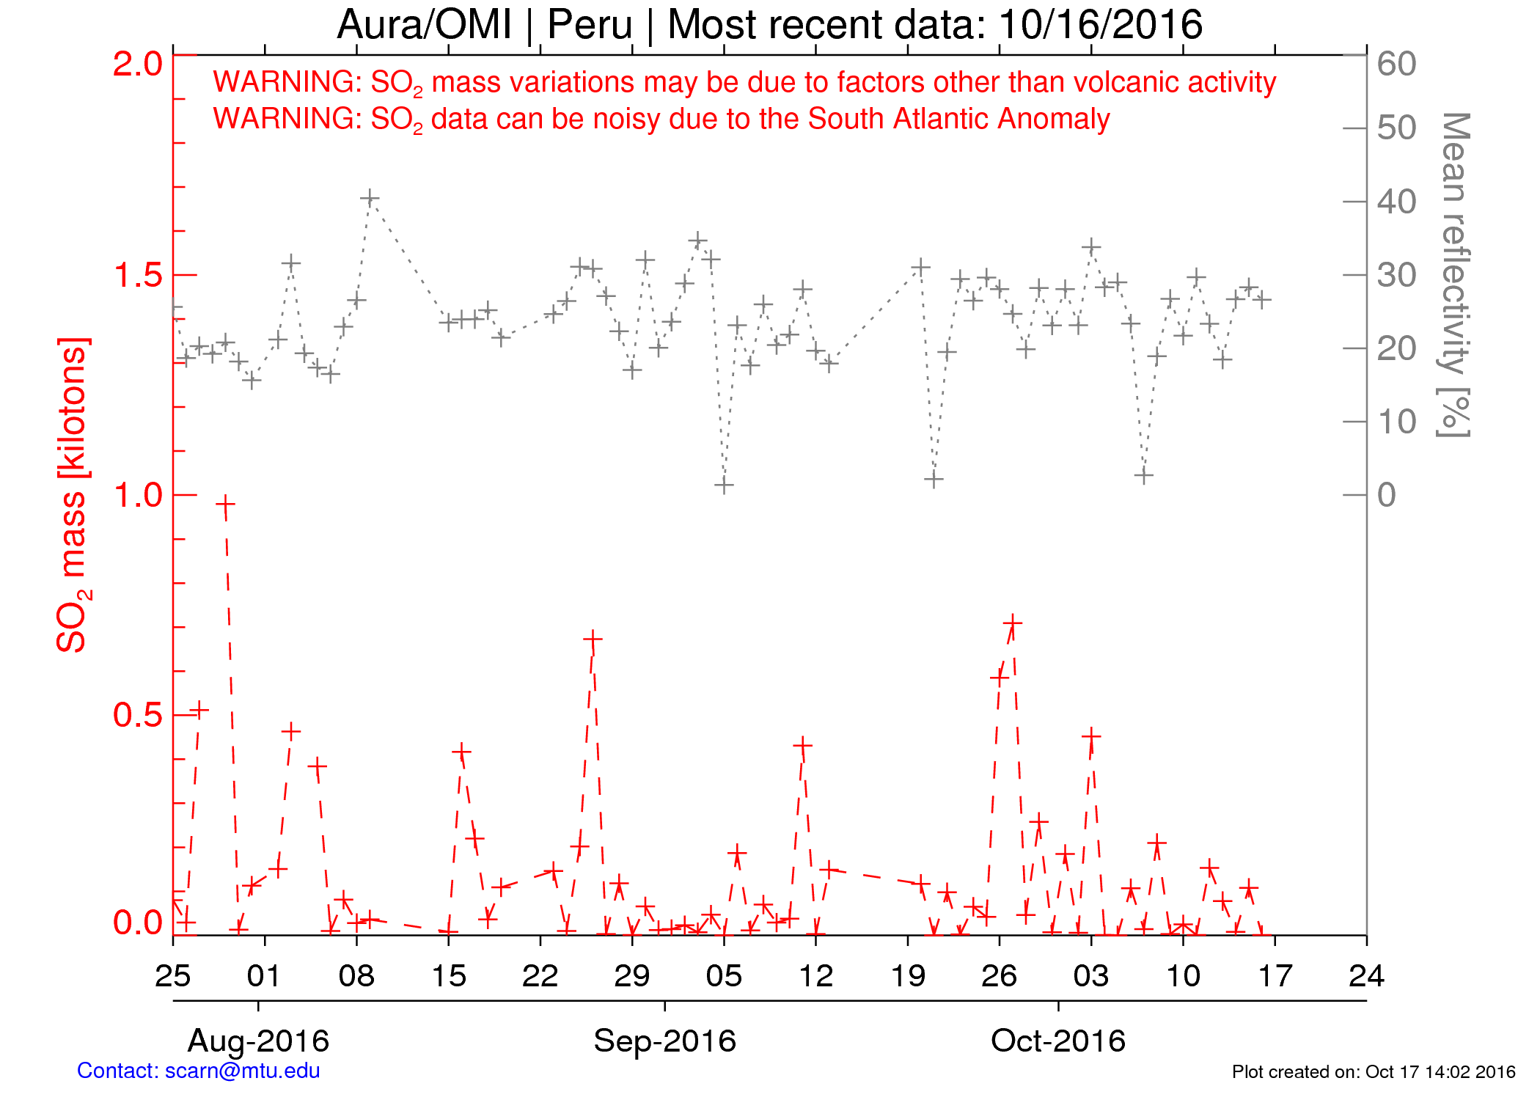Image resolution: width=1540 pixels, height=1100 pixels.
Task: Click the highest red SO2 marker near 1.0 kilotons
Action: (225, 505)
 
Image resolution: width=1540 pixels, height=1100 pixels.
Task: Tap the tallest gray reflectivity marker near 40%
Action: (370, 198)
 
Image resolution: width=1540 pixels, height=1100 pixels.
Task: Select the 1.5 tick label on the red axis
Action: (137, 276)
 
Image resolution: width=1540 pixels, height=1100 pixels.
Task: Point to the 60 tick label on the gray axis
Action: (1396, 65)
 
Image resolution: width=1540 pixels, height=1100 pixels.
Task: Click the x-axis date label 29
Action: (632, 976)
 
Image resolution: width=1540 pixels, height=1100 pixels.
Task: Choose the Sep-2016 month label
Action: (664, 1041)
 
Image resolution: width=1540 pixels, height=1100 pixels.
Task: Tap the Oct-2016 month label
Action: (1057, 1041)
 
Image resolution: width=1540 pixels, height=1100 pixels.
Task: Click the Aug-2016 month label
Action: (258, 1041)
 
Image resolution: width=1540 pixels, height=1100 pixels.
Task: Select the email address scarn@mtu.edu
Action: (243, 1071)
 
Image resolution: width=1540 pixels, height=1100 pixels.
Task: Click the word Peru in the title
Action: (590, 25)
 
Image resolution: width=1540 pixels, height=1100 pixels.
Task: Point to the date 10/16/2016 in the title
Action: (1100, 25)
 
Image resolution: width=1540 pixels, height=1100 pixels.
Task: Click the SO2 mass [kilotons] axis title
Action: (73, 495)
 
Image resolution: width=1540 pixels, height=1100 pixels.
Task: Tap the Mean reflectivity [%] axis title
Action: (1454, 275)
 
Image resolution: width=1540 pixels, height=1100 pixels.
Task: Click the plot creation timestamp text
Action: (1373, 1071)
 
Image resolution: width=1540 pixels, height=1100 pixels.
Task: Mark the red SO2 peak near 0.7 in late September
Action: (1013, 623)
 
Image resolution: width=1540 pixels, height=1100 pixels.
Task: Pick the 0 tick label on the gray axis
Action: (1386, 496)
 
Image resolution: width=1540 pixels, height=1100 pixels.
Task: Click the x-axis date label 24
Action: (1366, 976)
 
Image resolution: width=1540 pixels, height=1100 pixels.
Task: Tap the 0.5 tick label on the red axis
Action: (137, 716)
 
